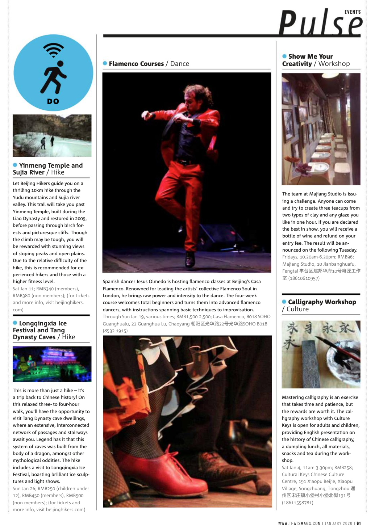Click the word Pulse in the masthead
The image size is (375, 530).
[320, 24]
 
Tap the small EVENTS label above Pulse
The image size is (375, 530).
[353, 12]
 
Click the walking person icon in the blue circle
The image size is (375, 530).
[54, 77]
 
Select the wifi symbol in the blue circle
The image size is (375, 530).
[53, 50]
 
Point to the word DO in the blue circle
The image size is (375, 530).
[53, 101]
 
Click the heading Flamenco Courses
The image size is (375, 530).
[136, 64]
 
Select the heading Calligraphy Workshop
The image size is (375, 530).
[322, 302]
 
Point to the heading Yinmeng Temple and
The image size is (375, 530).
[51, 165]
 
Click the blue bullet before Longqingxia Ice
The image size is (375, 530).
[15, 323]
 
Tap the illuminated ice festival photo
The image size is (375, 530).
[52, 364]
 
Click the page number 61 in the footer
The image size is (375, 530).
[359, 523]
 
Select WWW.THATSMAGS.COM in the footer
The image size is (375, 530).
[299, 523]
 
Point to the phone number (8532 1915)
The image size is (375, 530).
[115, 331]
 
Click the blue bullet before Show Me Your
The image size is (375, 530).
[284, 56]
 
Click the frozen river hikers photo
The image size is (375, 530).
[52, 136]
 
